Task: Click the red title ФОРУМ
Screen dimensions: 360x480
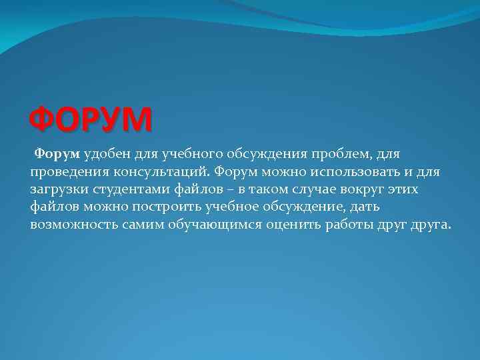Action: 91,120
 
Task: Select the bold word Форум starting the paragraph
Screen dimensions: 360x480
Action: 57,154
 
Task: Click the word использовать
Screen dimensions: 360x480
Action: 345,172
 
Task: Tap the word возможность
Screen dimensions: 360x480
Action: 74,225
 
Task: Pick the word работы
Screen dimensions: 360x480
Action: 350,225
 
